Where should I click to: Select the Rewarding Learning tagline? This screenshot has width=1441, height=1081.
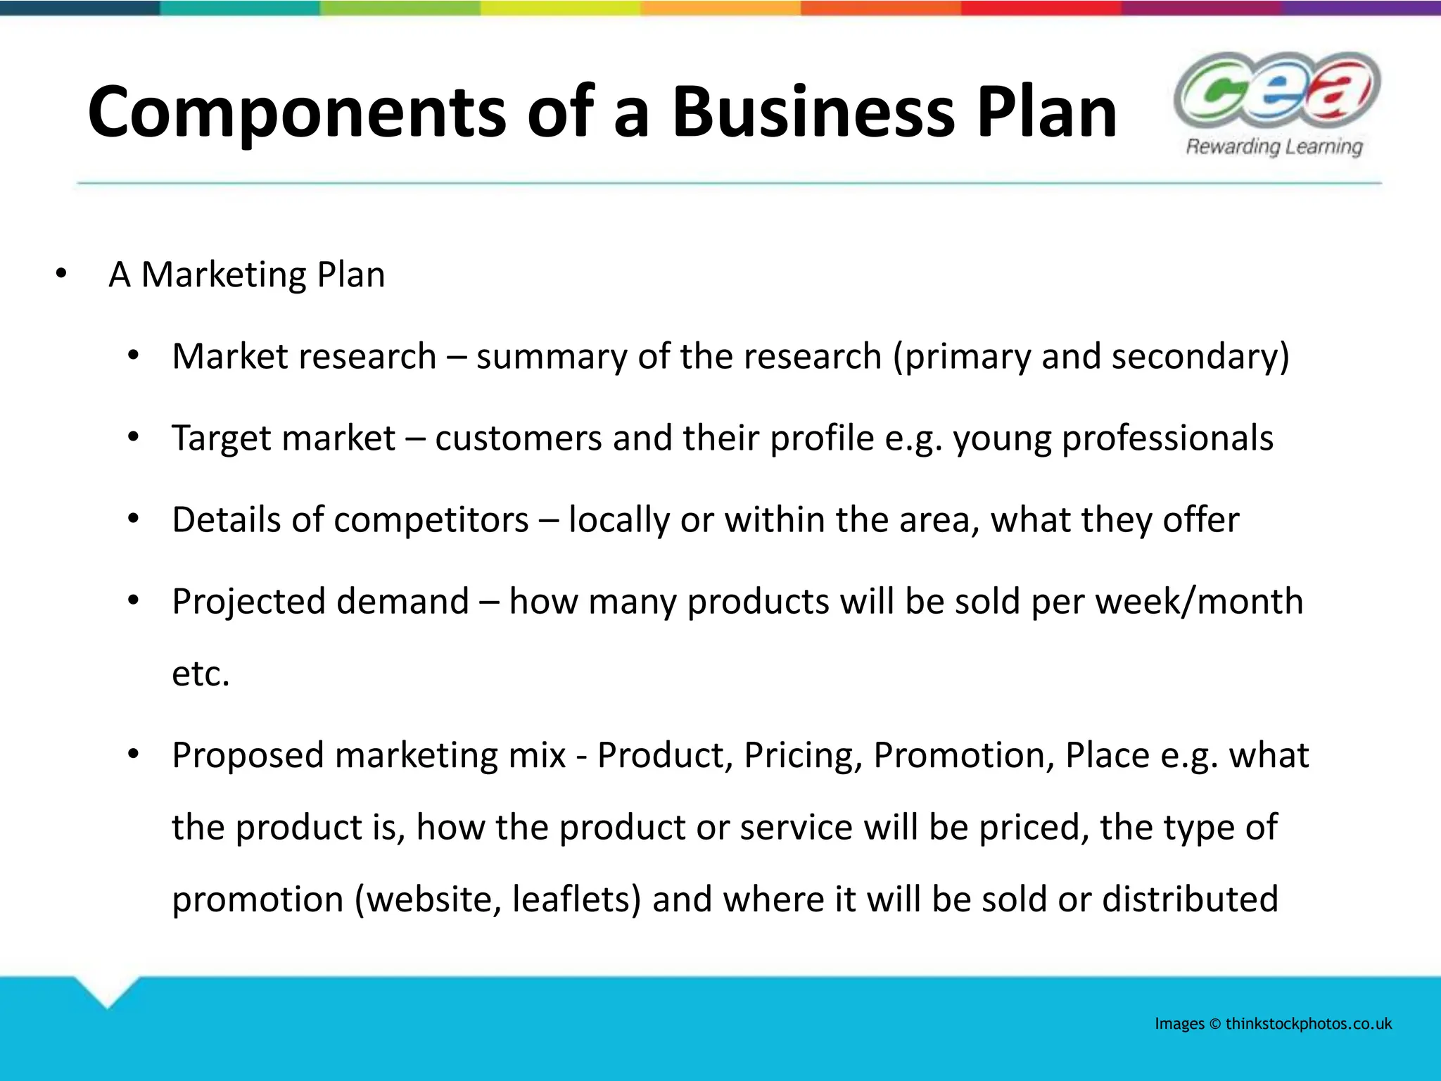coord(1274,146)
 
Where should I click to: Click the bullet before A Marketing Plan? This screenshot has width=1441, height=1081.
coord(61,274)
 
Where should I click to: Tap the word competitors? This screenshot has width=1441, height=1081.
coord(431,520)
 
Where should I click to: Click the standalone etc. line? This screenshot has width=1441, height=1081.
coord(201,674)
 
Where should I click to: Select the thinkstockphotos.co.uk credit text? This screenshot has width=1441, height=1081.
coord(1308,1024)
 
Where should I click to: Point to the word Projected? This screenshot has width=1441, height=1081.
coord(248,602)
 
